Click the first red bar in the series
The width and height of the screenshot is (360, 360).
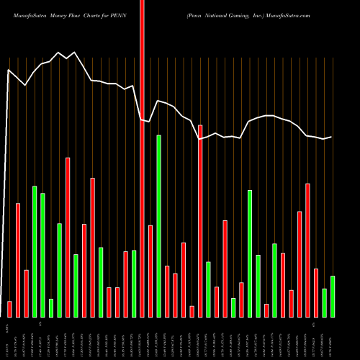tap(9, 309)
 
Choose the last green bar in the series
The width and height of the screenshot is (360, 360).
tap(333, 296)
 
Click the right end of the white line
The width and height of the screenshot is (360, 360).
tap(332, 137)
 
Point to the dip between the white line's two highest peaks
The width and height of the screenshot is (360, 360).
tap(67, 58)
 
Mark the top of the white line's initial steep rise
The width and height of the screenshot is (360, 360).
tap(9, 70)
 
